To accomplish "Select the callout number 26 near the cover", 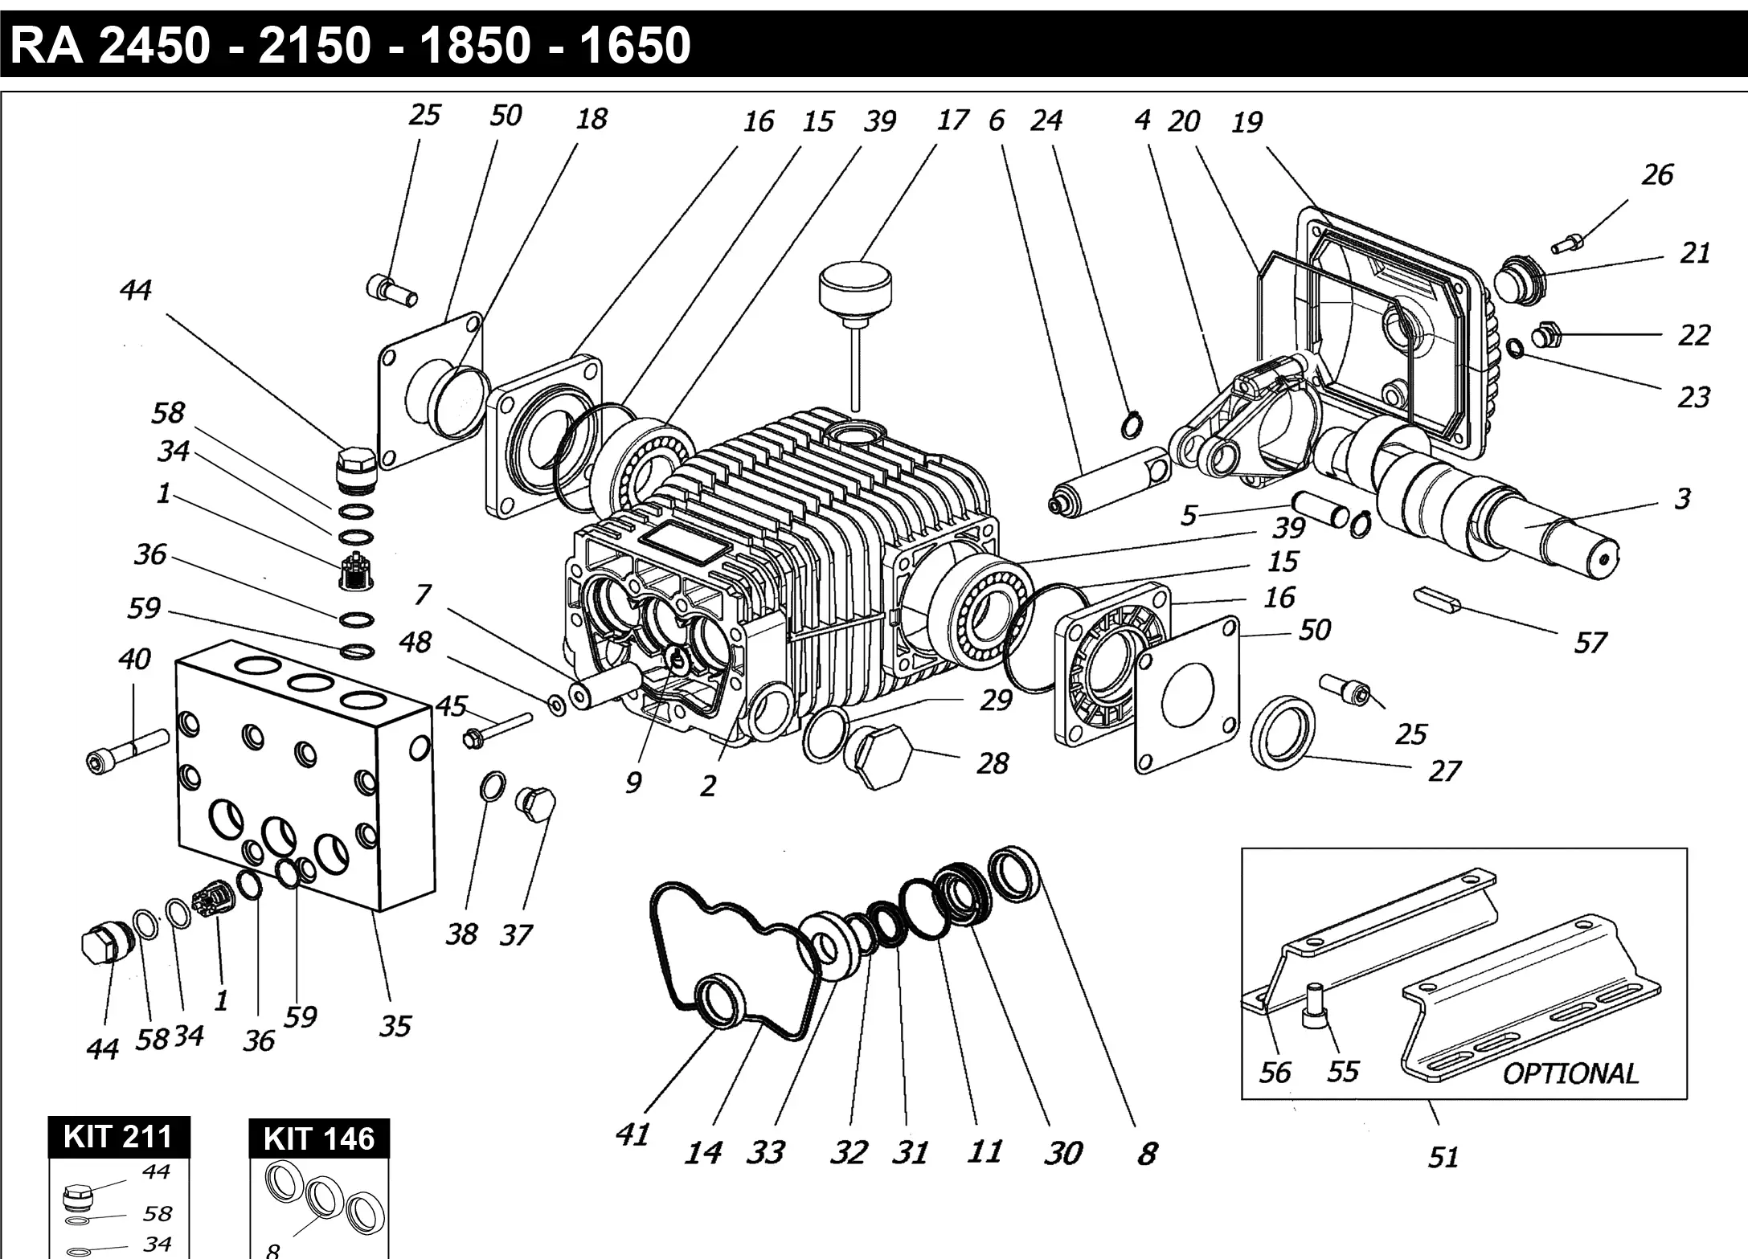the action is (1657, 174).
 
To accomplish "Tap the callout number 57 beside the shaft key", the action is (1590, 643).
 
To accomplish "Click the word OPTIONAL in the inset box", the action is (1570, 1073).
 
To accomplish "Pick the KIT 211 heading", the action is (118, 1137).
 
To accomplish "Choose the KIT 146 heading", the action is (319, 1138).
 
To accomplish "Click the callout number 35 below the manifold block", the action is (395, 1026).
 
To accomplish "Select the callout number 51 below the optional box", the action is (1443, 1157).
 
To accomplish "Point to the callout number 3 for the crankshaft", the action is (1682, 498).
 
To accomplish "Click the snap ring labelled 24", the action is (1133, 424).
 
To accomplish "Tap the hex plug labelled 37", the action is (535, 803).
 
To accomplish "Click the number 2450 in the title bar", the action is (153, 45).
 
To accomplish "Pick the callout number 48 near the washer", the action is (415, 642).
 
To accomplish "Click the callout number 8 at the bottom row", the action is (1147, 1154).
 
